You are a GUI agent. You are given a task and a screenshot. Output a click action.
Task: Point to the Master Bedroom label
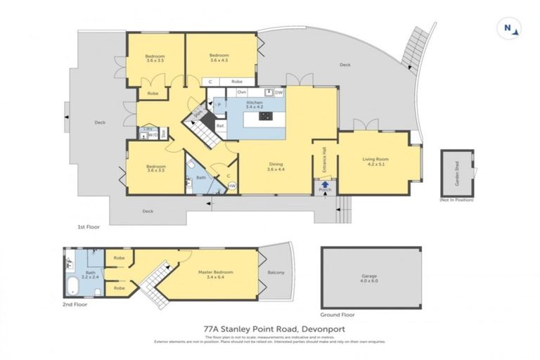[213, 274]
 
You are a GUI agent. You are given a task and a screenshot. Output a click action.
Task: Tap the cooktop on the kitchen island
[264, 117]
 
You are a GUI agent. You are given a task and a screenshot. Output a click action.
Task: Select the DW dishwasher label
[278, 92]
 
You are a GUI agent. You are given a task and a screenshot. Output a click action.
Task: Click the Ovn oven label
[241, 92]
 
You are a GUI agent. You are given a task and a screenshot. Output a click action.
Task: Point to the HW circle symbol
[231, 186]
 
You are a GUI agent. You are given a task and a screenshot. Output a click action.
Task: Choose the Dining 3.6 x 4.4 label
[276, 167]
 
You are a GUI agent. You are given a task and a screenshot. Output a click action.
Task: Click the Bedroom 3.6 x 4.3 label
[222, 58]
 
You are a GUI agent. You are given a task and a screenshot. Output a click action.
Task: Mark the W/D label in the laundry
[152, 136]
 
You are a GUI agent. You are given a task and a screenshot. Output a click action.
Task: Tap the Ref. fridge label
[220, 126]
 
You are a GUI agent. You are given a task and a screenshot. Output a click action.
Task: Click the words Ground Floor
[335, 316]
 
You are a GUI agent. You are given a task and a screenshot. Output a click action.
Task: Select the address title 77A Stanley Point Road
[269, 328]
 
